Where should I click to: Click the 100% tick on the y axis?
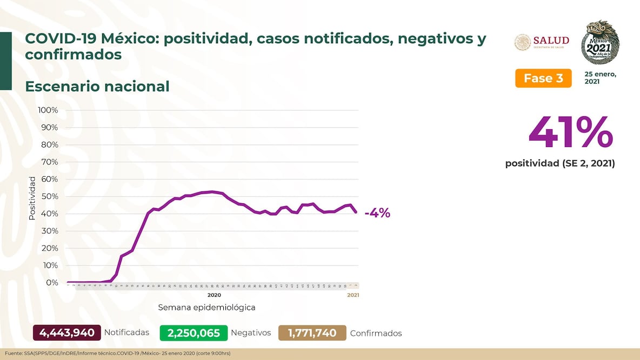pyautogui.click(x=48, y=110)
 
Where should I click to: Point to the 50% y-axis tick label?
pyautogui.click(x=49, y=196)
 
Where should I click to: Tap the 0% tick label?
pyautogui.click(x=52, y=283)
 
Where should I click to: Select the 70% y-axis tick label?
pyautogui.click(x=49, y=162)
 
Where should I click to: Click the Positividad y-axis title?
pyautogui.click(x=32, y=198)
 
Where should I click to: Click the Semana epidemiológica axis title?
pyautogui.click(x=206, y=307)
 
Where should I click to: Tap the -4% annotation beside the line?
pyautogui.click(x=377, y=213)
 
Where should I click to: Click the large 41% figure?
pyautogui.click(x=570, y=132)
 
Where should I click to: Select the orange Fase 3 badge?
pyautogui.click(x=543, y=78)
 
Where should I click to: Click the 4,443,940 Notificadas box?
pyautogui.click(x=67, y=332)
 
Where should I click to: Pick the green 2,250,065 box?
pyautogui.click(x=194, y=333)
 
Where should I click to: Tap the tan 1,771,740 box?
pyautogui.click(x=312, y=333)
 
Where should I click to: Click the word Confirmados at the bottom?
pyautogui.click(x=376, y=333)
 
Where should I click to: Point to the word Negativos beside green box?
pyautogui.click(x=251, y=332)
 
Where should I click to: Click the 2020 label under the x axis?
pyautogui.click(x=214, y=295)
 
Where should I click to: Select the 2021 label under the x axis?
pyautogui.click(x=352, y=295)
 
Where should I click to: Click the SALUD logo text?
pyautogui.click(x=551, y=41)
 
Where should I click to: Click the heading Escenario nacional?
pyautogui.click(x=97, y=86)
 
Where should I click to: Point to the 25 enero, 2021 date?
pyautogui.click(x=600, y=77)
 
